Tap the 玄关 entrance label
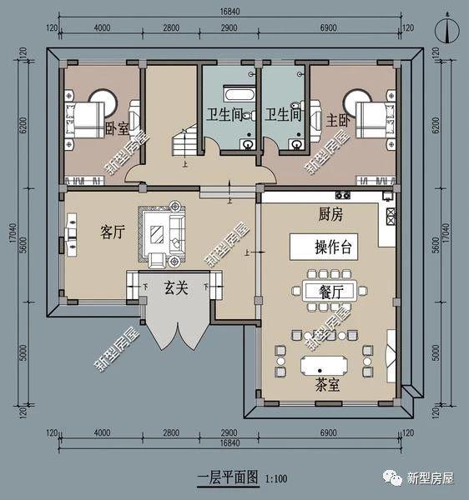174,288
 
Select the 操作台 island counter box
332,247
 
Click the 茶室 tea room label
327,386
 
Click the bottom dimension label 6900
335,434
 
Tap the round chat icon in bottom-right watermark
391,477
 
